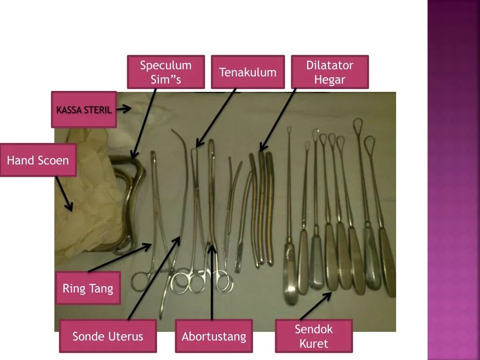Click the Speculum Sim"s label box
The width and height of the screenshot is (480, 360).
165,72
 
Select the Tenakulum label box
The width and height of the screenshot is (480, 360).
247,72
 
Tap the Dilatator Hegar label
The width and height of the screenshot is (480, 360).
330,72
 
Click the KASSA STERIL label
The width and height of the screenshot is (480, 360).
84,110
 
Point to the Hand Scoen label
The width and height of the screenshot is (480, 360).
38,160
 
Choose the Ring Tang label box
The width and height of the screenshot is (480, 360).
88,288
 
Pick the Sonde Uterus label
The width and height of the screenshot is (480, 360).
108,336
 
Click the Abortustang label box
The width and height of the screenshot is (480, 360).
214,336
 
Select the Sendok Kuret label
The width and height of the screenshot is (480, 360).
314,336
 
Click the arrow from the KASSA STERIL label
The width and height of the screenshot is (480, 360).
123,109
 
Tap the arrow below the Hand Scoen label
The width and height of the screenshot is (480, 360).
64,194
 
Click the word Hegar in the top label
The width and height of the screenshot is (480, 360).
330,80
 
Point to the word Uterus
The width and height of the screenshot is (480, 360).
125,336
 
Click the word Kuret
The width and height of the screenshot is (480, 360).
314,344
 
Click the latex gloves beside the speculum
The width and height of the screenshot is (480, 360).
89,197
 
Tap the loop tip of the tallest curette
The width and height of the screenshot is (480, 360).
358,124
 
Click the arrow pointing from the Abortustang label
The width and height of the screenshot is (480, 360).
212,281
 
